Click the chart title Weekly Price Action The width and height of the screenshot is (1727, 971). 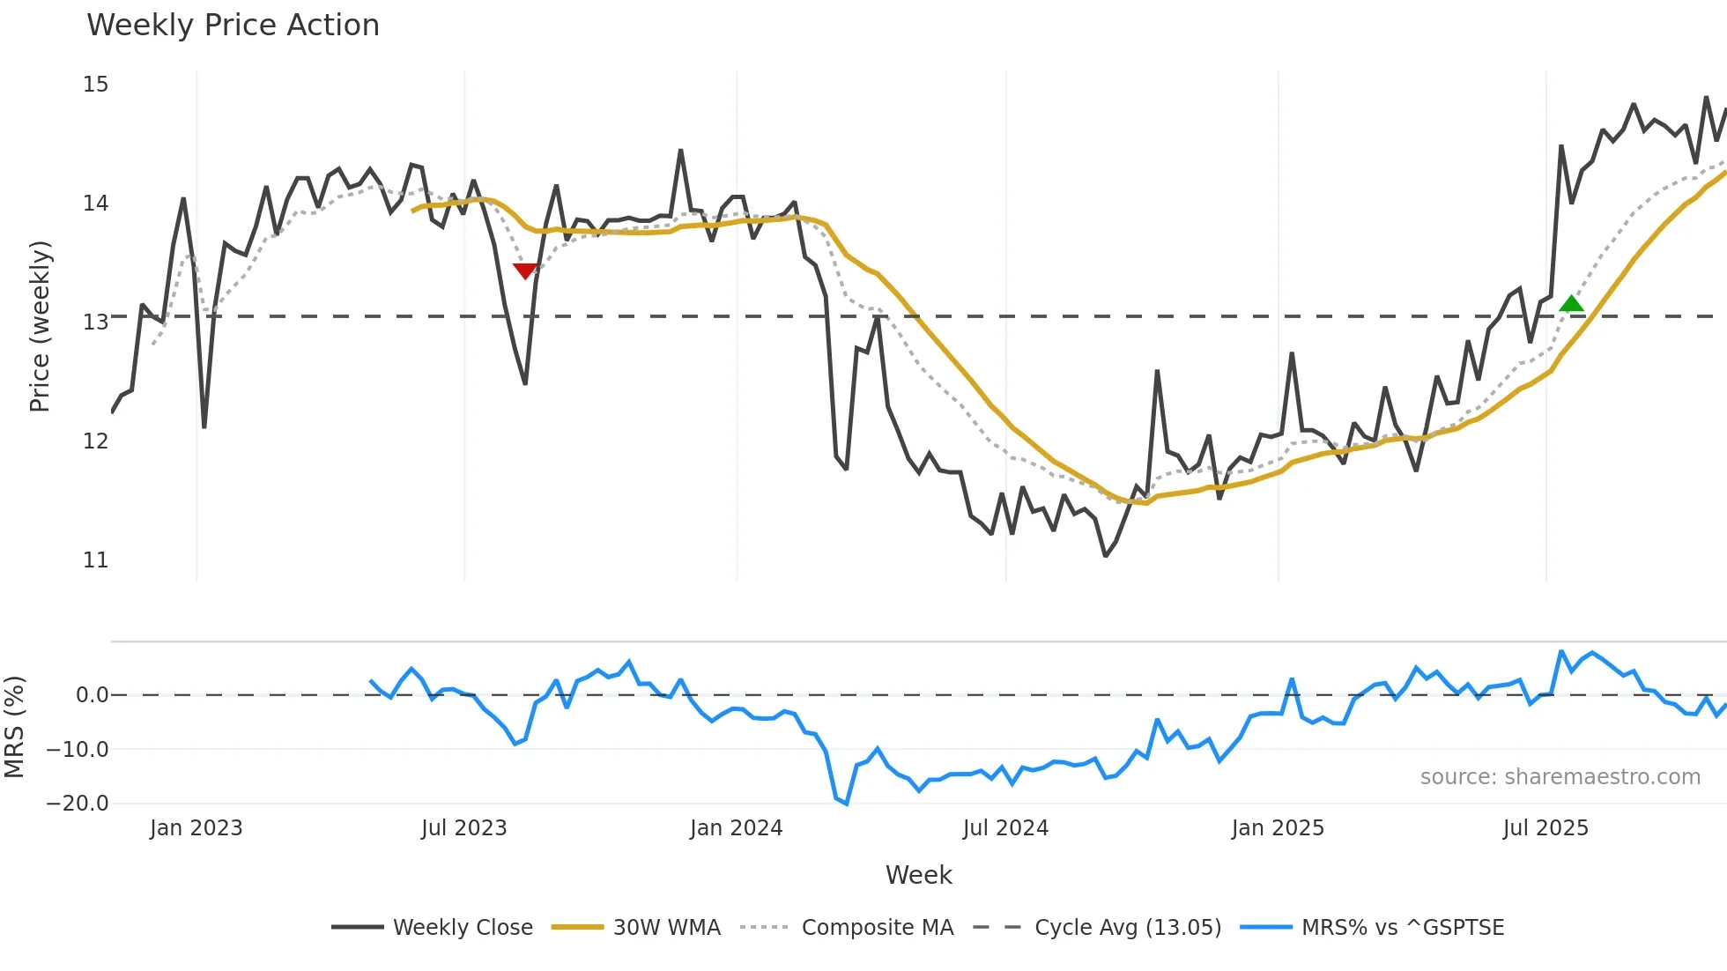233,26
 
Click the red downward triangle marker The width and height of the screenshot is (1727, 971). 525,271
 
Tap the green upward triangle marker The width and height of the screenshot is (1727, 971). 1571,304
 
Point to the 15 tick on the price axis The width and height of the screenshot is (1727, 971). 96,85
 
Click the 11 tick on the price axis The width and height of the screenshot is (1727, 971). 96,560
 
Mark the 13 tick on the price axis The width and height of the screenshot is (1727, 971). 96,322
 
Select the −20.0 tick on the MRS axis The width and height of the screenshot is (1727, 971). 78,803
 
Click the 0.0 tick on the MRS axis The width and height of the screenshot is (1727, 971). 92,695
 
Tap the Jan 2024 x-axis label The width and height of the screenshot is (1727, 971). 736,828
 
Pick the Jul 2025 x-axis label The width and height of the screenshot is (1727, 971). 1545,828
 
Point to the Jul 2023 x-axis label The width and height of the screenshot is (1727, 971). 463,828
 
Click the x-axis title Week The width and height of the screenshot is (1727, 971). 918,875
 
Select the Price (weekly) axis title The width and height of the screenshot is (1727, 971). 40,326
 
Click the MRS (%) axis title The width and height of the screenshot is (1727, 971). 14,727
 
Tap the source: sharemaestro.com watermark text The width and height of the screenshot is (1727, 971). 1560,777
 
